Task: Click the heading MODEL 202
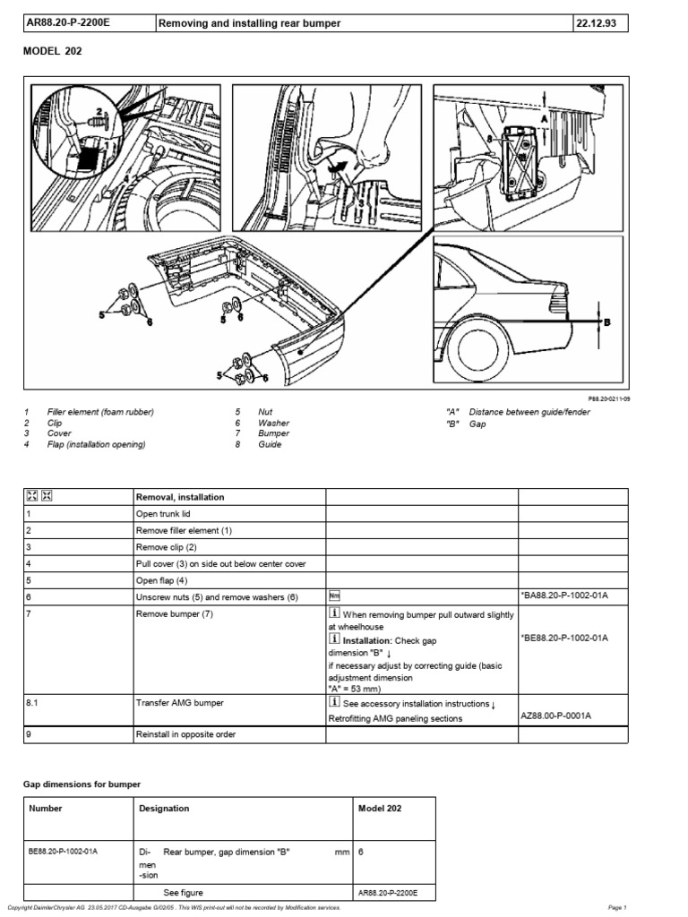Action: click(52, 52)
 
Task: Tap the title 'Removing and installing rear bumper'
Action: click(251, 23)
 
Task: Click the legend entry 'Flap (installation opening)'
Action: click(97, 444)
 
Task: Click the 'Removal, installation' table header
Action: click(180, 497)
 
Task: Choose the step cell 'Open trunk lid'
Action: click(164, 515)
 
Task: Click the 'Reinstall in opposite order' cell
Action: click(187, 735)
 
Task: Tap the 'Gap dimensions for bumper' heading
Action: click(82, 784)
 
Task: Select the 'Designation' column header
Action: click(165, 809)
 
